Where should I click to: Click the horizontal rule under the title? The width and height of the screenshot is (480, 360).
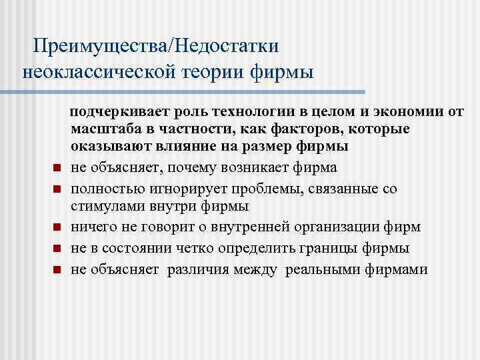pyautogui.click(x=193, y=91)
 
